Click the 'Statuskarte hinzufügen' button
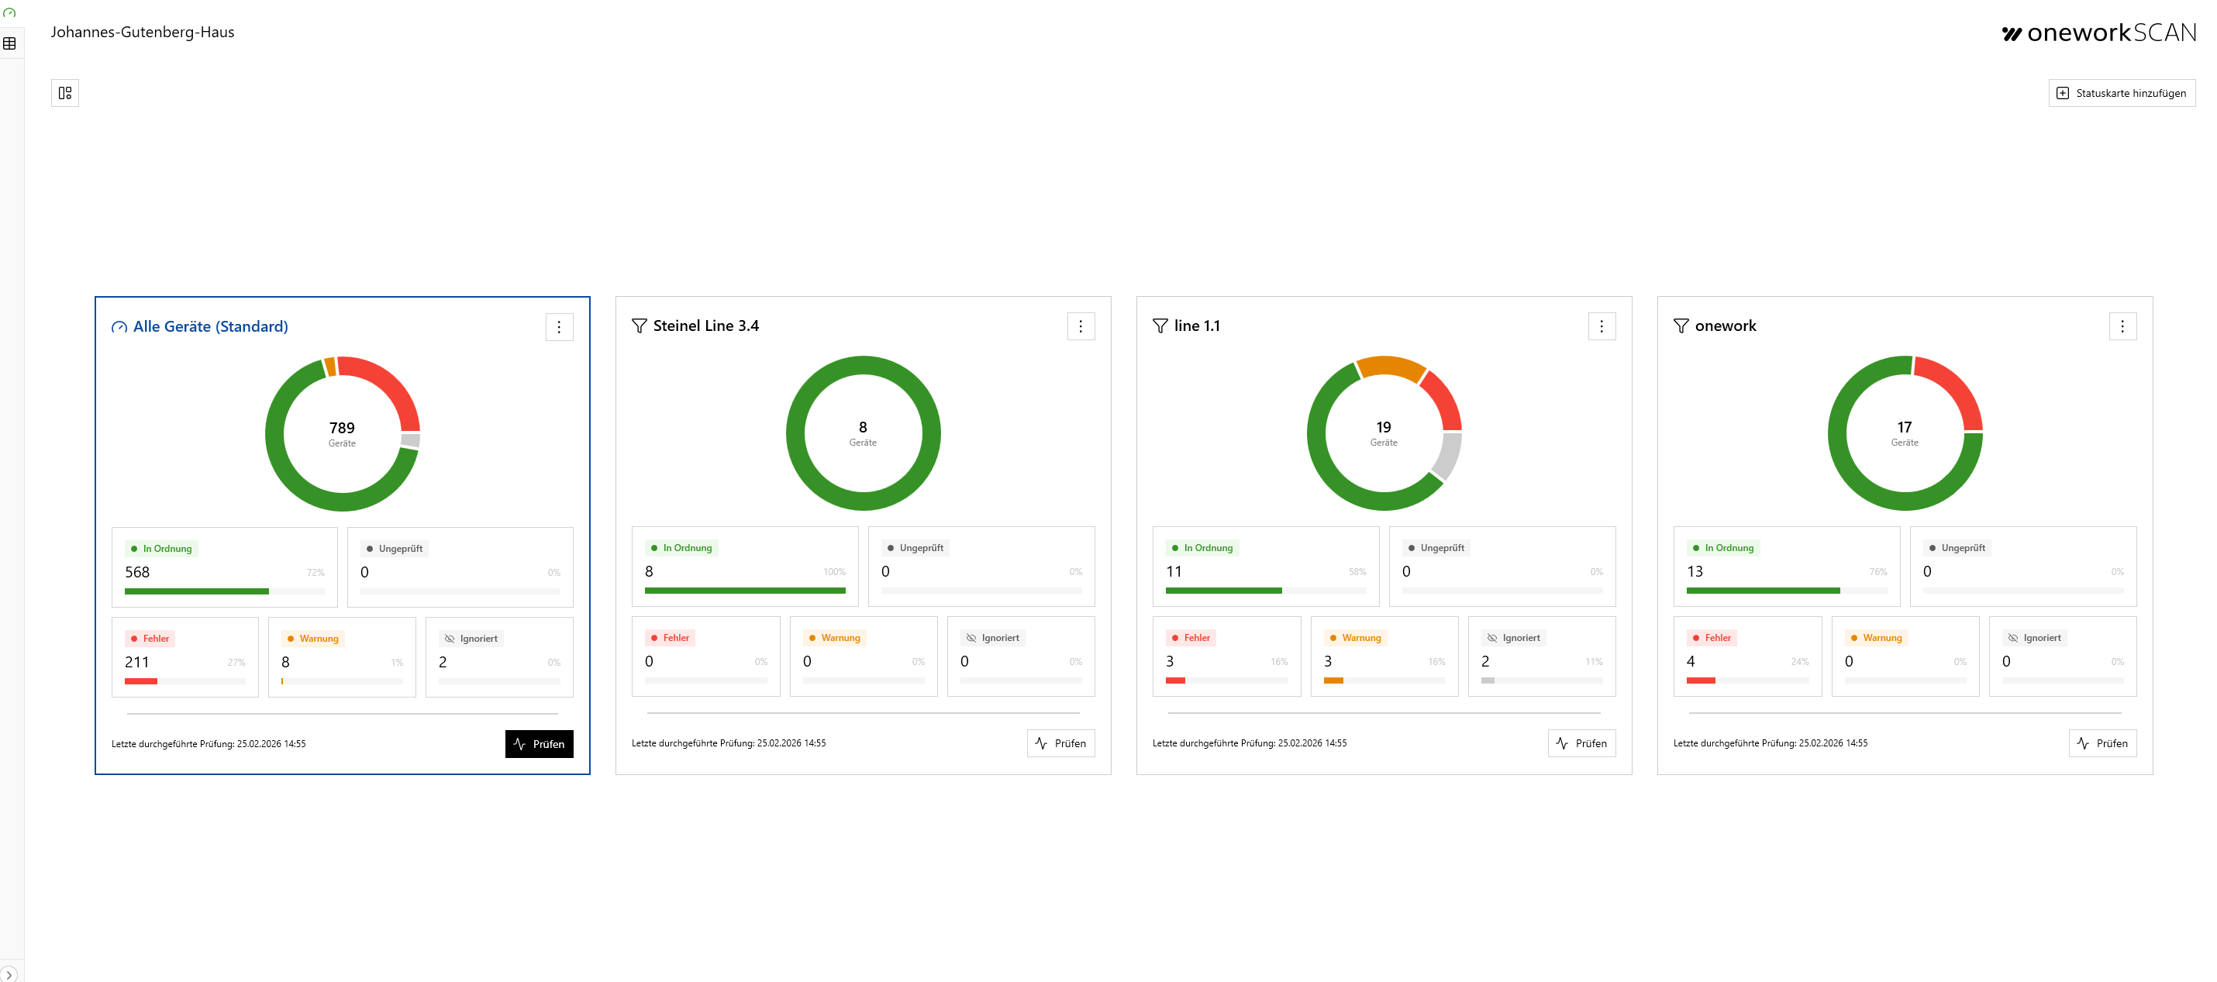coord(2122,93)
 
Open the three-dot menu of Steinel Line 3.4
coord(1080,326)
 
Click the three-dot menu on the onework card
coord(2122,326)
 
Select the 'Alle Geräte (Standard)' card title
coord(210,326)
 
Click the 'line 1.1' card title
coord(1196,326)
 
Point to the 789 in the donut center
coord(342,428)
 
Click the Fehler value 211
coord(137,662)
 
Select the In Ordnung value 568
coord(137,572)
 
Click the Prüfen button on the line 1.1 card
coord(1581,743)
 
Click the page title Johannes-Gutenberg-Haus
coord(142,32)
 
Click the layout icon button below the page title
coord(64,93)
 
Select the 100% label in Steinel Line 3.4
coord(833,571)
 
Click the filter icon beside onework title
coord(1680,326)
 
